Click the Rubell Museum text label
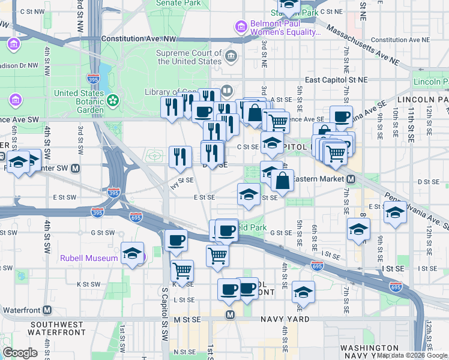coord(89,259)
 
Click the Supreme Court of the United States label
coord(188,57)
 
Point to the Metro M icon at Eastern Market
coord(351,179)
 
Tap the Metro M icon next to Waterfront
coord(46,310)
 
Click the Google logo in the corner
coord(20,353)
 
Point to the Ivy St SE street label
coord(181,182)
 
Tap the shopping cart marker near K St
coord(182,270)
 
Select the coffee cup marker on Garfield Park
coord(226,230)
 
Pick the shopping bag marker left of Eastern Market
coord(282,179)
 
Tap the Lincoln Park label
coord(430,81)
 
